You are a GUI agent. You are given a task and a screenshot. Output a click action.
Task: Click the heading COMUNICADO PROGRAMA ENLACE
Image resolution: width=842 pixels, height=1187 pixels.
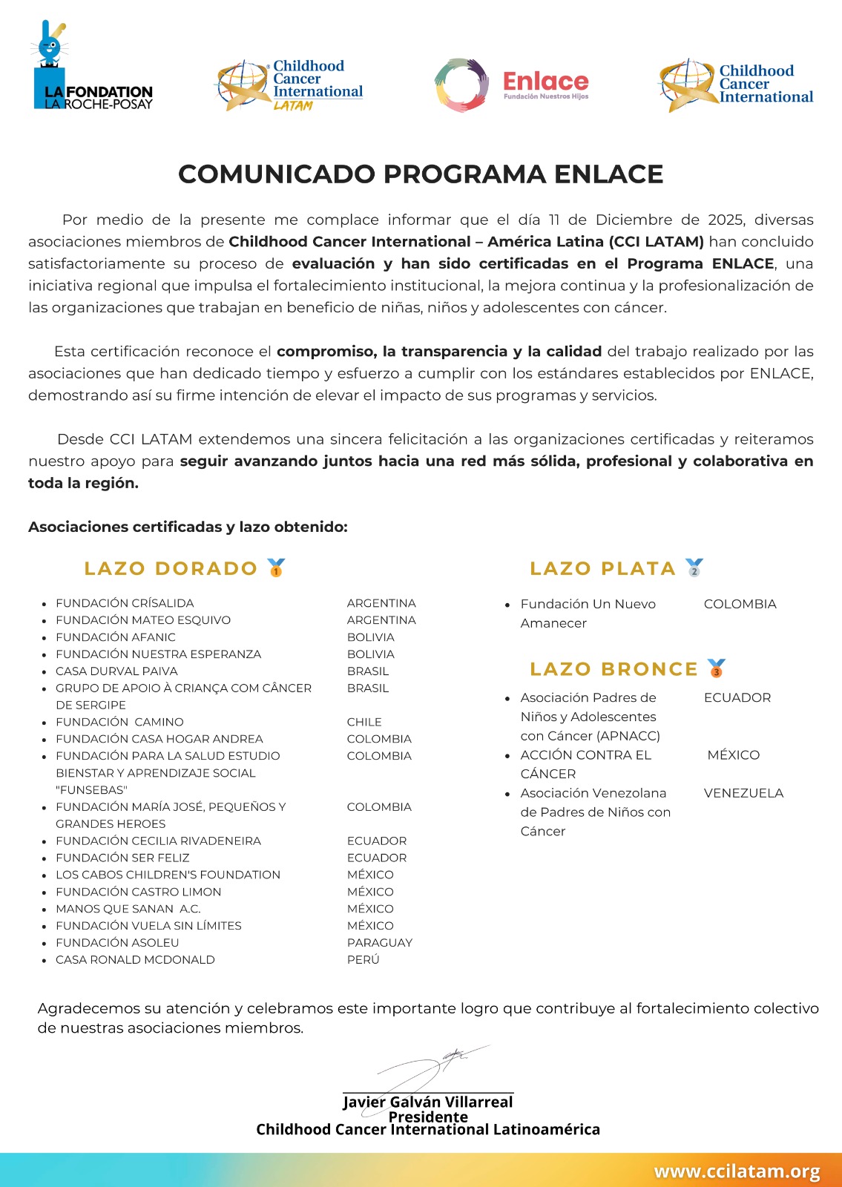(x=421, y=174)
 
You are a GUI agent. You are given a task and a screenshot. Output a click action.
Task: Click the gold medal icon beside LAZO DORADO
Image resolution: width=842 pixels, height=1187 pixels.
(x=276, y=568)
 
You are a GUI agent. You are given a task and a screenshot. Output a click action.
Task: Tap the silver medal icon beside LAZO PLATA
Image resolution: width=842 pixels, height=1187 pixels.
(x=694, y=568)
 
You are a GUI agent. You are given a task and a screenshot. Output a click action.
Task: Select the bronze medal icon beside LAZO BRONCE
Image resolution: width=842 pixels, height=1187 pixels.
(x=716, y=668)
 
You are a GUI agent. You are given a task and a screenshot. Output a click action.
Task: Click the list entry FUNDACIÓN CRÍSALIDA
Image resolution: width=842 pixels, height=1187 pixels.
(x=125, y=603)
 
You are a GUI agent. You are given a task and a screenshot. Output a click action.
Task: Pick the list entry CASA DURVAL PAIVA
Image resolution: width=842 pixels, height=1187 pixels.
(x=116, y=671)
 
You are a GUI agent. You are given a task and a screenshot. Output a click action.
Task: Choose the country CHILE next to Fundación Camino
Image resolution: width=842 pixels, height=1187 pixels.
(x=364, y=722)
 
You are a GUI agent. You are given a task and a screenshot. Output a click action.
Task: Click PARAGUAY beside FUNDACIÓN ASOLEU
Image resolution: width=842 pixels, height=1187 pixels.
(x=379, y=942)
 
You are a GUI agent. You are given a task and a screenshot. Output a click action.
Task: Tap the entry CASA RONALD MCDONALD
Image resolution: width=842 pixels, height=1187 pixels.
(x=135, y=959)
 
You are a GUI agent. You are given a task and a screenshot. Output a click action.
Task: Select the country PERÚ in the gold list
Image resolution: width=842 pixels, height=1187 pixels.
(x=363, y=959)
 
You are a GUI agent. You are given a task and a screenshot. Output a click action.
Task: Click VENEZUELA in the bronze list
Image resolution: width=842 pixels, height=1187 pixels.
(x=743, y=793)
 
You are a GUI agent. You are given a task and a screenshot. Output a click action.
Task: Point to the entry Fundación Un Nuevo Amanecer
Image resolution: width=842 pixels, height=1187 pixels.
(x=588, y=614)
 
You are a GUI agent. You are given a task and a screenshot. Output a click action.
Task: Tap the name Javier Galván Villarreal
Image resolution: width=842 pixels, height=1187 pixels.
(x=427, y=1102)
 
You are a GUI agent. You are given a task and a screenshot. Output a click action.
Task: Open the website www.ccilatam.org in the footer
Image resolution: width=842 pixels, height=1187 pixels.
(x=736, y=1171)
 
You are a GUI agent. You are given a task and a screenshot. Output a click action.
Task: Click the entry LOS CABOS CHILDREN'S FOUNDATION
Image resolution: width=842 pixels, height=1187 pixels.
(x=168, y=875)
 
